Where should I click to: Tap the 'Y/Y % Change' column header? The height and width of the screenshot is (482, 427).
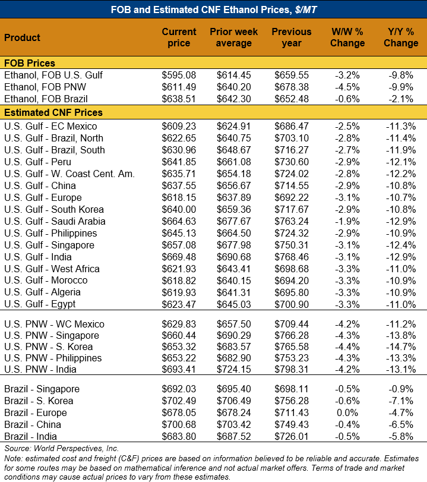point(401,37)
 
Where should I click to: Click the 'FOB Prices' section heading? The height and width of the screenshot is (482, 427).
point(30,63)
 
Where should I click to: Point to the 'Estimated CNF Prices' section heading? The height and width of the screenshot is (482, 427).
point(53,112)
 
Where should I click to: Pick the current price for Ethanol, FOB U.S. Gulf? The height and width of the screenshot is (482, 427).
point(179,75)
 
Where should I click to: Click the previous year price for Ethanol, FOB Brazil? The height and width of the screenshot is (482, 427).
point(291,99)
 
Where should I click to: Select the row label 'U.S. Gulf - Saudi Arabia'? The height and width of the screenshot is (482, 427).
point(55,221)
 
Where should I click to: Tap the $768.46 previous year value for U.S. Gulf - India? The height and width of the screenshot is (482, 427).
point(291,257)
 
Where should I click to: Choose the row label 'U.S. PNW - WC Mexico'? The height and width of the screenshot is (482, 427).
point(54,324)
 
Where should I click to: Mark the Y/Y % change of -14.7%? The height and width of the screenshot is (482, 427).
point(401,346)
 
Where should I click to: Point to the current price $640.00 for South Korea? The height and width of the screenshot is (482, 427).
point(179,209)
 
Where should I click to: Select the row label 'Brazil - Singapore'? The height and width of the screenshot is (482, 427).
point(43,389)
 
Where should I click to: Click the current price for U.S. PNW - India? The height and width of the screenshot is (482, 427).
point(179,370)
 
